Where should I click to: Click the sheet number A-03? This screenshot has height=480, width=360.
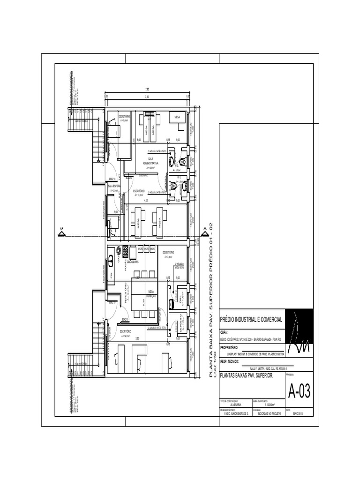[299, 390]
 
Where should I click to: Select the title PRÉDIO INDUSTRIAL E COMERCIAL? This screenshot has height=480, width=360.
[251, 320]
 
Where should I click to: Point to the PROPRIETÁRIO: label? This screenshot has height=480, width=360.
[229, 347]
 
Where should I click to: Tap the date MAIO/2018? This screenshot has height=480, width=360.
[298, 414]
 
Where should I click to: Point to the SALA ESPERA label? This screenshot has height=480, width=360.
[114, 186]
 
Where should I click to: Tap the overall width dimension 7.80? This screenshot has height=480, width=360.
[147, 90]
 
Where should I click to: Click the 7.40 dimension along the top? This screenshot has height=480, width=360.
[147, 97]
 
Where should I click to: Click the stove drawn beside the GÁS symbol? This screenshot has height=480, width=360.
[125, 252]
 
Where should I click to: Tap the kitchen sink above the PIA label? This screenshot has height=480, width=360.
[111, 259]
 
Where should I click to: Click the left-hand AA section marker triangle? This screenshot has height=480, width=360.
[61, 231]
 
